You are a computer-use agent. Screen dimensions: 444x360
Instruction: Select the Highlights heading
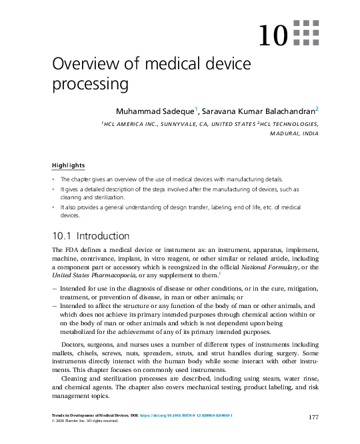click(x=68, y=165)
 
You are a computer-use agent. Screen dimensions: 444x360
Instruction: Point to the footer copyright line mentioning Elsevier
click(x=85, y=421)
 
